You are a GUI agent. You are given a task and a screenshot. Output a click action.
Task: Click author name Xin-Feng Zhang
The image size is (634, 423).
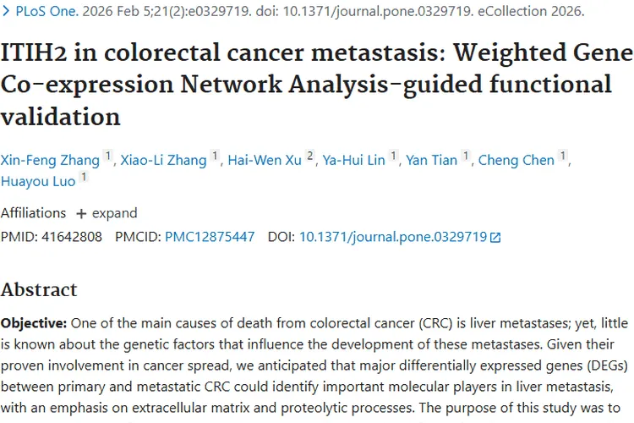click(50, 160)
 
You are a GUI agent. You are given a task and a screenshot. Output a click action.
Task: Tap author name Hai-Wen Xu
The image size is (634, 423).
click(265, 160)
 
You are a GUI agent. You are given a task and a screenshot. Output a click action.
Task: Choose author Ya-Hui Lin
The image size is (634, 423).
click(353, 160)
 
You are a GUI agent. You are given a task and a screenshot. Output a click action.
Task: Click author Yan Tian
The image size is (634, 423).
click(432, 160)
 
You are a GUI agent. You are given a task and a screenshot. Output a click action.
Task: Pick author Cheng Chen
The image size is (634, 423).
click(516, 160)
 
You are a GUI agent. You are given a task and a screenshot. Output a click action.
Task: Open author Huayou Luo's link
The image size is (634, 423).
click(38, 181)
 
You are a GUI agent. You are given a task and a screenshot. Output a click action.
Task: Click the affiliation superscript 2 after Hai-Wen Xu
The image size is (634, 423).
click(309, 157)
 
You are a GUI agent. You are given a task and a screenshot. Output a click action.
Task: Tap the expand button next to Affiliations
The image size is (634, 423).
click(107, 213)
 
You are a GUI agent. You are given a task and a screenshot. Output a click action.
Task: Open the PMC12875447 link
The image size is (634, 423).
click(210, 237)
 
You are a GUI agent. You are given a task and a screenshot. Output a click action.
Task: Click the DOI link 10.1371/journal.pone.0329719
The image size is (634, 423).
click(393, 237)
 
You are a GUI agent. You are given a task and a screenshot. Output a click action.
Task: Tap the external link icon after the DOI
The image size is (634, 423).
click(495, 238)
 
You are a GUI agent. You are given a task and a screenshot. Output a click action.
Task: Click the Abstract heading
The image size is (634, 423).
click(39, 290)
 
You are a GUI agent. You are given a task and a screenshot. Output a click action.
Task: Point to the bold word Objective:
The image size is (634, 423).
click(34, 323)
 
